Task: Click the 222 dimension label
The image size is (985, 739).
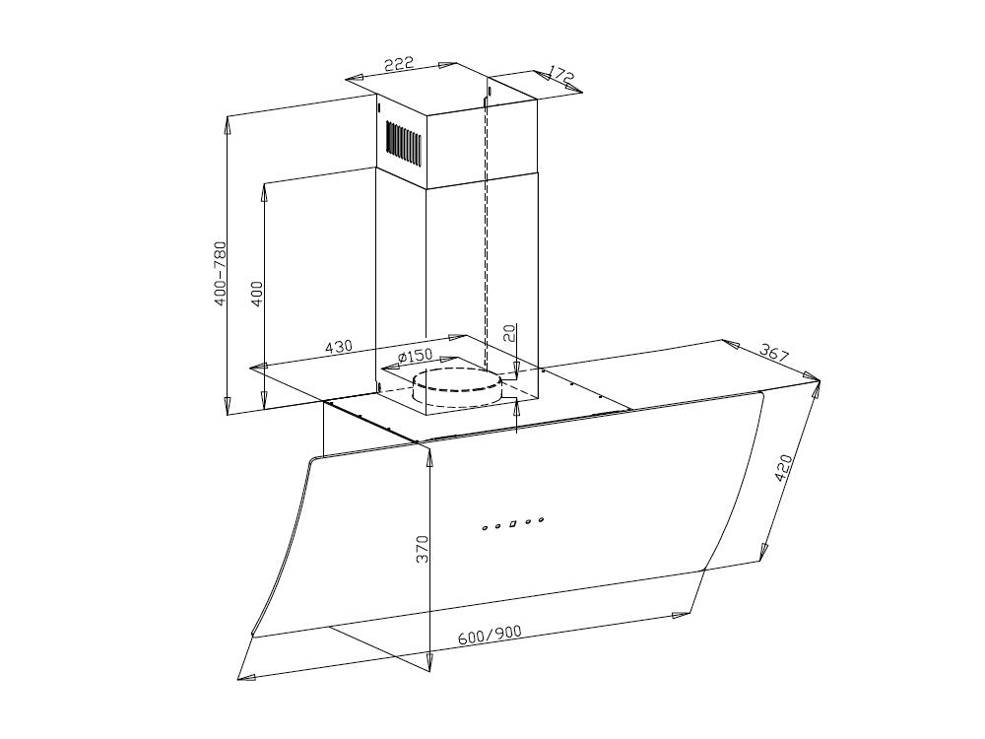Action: coord(400,64)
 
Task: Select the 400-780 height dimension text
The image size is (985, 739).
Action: coord(220,273)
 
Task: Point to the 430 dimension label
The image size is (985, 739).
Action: coord(339,346)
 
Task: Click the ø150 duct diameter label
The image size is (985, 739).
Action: coord(416,357)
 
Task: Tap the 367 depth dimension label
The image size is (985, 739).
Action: coord(773,352)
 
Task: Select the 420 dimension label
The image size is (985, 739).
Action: coord(783,467)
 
